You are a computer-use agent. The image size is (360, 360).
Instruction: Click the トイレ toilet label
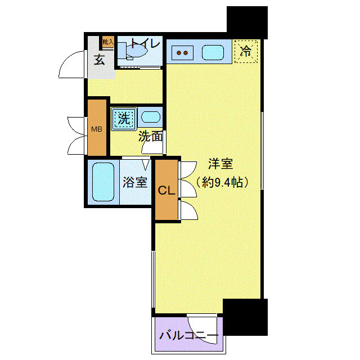145,43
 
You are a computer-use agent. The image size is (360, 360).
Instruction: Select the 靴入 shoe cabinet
108,42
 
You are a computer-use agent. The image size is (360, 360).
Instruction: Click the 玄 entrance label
100,60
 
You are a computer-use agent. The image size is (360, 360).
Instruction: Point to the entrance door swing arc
66,60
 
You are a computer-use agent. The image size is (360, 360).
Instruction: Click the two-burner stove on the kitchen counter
182,53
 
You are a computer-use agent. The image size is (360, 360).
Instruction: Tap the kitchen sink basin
213,52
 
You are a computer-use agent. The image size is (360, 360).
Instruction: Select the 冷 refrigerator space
246,51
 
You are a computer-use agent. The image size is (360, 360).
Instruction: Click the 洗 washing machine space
124,119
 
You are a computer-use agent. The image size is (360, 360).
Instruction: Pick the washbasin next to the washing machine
150,117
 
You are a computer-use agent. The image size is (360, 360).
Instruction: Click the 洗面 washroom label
150,137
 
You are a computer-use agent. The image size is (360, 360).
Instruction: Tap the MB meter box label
97,129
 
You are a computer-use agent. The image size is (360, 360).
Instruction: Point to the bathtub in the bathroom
103,182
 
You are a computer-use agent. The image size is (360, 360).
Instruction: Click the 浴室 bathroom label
135,182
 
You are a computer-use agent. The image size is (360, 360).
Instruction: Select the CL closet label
166,190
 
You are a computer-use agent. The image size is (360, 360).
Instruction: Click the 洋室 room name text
220,164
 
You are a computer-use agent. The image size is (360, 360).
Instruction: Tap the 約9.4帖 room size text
222,182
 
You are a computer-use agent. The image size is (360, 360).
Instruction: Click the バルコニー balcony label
189,336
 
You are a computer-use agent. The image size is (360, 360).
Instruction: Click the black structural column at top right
247,22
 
